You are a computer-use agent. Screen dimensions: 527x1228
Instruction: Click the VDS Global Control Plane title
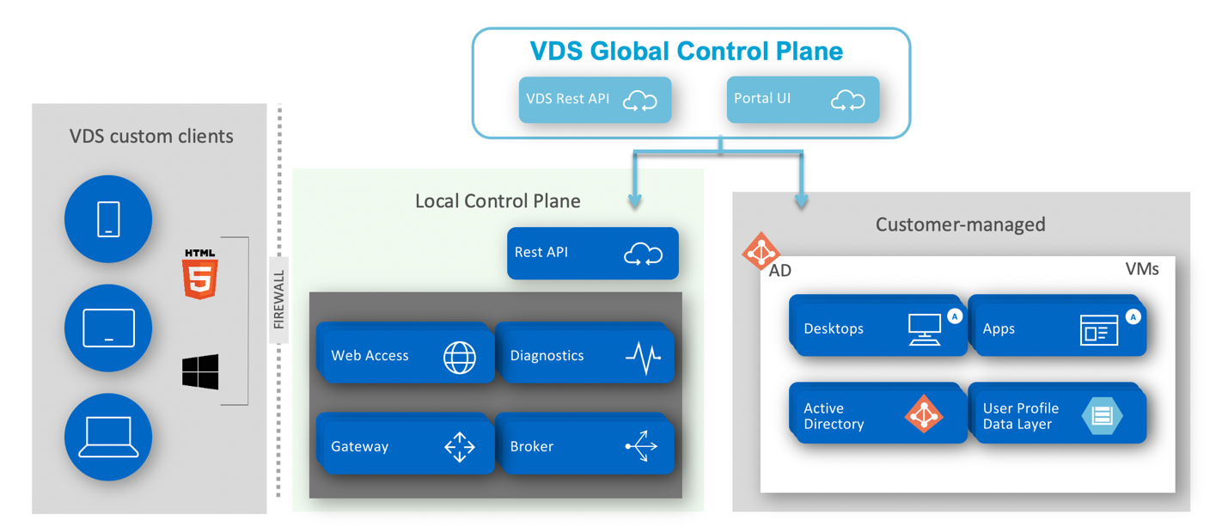coord(686,52)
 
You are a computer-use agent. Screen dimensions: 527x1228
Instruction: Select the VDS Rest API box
coord(595,100)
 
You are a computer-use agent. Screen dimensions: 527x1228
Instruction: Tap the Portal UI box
coord(802,100)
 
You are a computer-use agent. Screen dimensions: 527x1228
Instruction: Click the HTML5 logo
coord(200,274)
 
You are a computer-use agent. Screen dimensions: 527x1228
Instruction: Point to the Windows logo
coord(200,371)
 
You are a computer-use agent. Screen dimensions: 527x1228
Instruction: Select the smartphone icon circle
coord(108,218)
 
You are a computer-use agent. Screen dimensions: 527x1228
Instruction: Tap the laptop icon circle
coord(108,437)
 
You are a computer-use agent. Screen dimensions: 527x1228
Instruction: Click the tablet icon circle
coord(108,328)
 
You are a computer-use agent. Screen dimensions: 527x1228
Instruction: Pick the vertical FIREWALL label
coord(278,300)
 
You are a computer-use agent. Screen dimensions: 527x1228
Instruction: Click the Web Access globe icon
coord(460,357)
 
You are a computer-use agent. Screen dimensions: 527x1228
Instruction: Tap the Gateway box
coord(405,445)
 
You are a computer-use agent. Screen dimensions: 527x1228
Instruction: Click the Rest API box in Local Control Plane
coord(592,253)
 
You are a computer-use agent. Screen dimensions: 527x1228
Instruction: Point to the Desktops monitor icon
coord(925,329)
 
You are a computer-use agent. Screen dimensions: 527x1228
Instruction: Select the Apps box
coord(1057,328)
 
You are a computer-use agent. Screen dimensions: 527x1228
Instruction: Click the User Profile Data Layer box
coord(1057,415)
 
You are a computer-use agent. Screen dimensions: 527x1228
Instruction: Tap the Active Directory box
coord(877,415)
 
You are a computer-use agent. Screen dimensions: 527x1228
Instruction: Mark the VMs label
coord(1141,269)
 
